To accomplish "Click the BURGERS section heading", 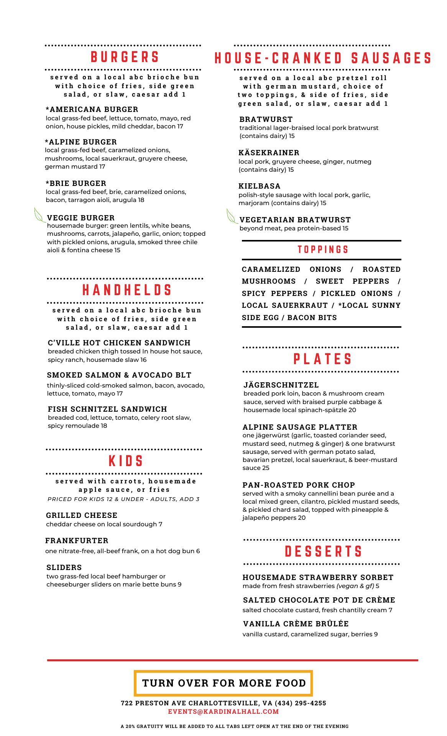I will click(x=125, y=58).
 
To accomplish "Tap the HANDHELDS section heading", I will click(x=127, y=290).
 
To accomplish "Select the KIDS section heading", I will click(x=126, y=461).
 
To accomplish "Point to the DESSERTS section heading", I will click(x=324, y=552).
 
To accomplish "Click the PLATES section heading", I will click(x=323, y=359).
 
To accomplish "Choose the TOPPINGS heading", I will click(x=323, y=250).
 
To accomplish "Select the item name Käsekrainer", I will click(x=269, y=153).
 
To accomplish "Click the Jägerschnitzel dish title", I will click(x=281, y=385).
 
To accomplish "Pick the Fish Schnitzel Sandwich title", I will click(x=107, y=409).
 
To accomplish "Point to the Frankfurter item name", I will click(x=77, y=540).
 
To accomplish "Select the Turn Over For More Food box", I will click(x=223, y=683).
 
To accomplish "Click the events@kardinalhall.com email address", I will click(x=223, y=712).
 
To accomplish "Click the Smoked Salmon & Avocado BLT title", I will click(x=119, y=375).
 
